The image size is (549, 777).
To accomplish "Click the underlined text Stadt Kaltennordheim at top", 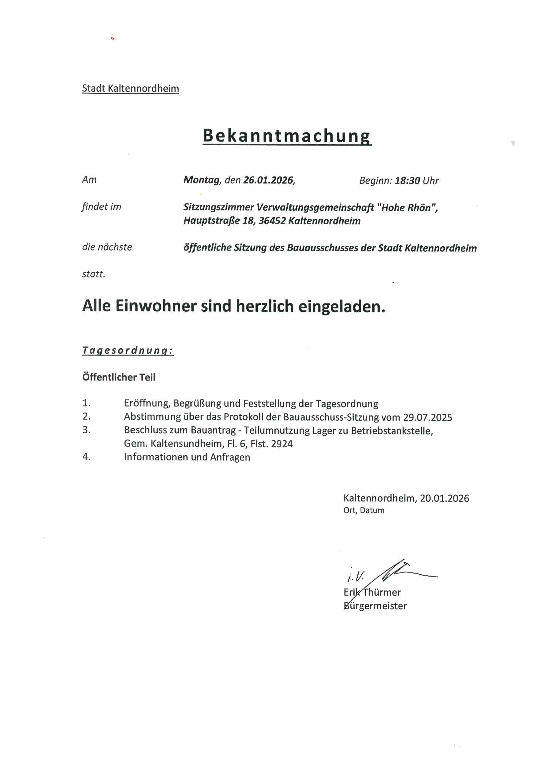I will [131, 88].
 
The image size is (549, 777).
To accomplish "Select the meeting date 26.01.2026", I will [269, 180].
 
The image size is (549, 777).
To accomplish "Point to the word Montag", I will [202, 180].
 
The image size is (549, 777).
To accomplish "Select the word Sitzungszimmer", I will [219, 207].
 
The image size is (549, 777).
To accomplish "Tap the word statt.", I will [94, 274].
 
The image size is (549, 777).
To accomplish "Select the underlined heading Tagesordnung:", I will [128, 350].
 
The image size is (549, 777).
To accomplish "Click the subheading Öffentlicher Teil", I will [119, 377].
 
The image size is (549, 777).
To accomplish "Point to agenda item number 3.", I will [86, 430].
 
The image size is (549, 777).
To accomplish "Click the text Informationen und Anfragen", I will [187, 457].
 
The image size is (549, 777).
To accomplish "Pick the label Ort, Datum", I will [364, 510].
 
